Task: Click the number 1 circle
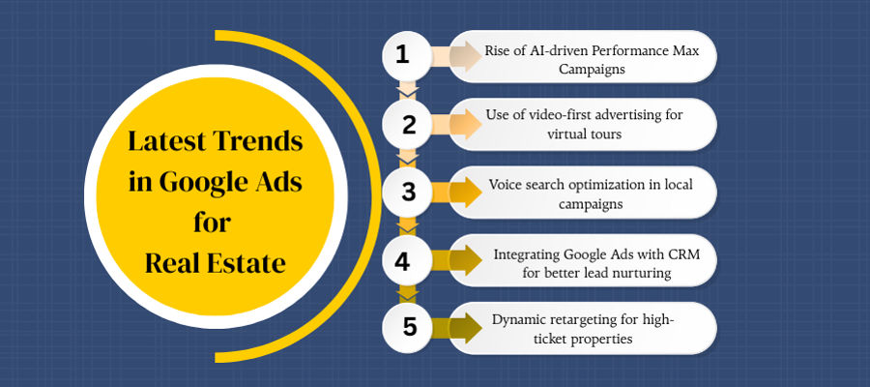(x=407, y=55)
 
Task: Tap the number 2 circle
(x=407, y=125)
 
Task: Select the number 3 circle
(x=407, y=193)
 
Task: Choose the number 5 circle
(x=407, y=328)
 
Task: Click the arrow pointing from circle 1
(x=456, y=55)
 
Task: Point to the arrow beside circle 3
(x=456, y=193)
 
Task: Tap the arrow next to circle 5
(x=456, y=328)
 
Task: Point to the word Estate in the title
(x=246, y=264)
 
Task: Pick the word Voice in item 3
(x=503, y=185)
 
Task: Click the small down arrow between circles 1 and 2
(x=407, y=89)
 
